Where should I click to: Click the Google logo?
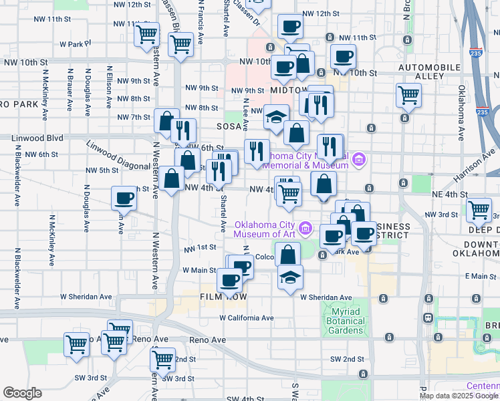pyautogui.click(x=22, y=393)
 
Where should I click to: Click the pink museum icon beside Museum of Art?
pyautogui.click(x=305, y=229)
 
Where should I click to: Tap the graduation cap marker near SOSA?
pyautogui.click(x=276, y=117)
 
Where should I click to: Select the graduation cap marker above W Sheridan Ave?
pyautogui.click(x=290, y=277)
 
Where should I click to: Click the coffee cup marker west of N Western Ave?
pyautogui.click(x=124, y=198)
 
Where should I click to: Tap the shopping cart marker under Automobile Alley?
pyautogui.click(x=408, y=94)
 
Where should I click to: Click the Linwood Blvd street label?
pyautogui.click(x=37, y=138)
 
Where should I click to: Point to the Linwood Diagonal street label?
pyautogui.click(x=118, y=156)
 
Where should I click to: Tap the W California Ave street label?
pyautogui.click(x=247, y=318)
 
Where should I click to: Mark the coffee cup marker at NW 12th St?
pyautogui.click(x=290, y=27)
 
